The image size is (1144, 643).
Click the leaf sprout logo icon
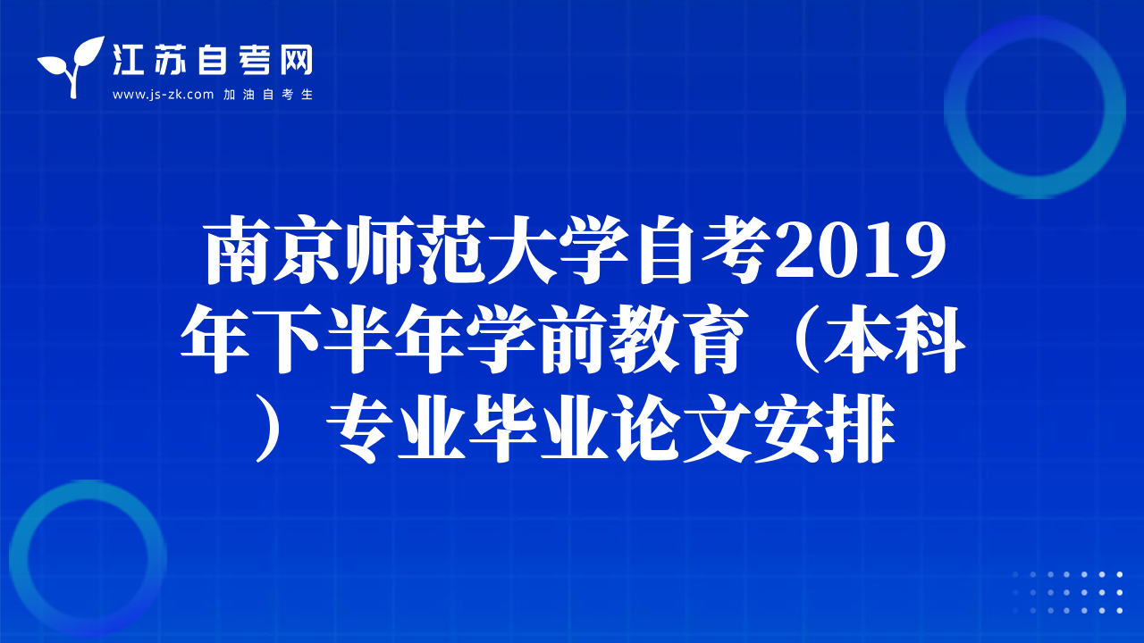tap(71, 66)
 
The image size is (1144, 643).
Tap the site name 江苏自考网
tap(212, 60)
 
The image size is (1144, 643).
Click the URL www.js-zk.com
tap(163, 95)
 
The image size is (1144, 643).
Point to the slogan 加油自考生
tap(268, 95)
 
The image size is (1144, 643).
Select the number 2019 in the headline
tap(861, 251)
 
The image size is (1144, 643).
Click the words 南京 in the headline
tap(273, 249)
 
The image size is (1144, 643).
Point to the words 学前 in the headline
tap(535, 338)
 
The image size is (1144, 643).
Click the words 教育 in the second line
tap(678, 338)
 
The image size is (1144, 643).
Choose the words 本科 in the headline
tap(895, 338)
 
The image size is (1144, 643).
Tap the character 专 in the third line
tap(360, 428)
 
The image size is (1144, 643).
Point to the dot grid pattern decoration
tap(1067, 592)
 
